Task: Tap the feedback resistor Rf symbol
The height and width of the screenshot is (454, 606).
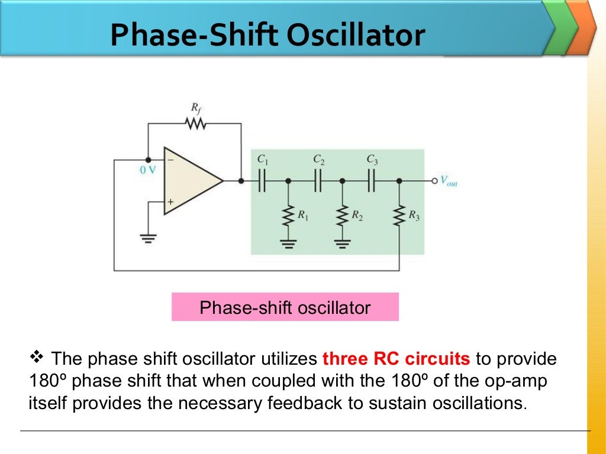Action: click(195, 124)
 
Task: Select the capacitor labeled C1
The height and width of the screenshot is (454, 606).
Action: click(262, 181)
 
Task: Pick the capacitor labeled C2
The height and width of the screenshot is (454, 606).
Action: click(318, 181)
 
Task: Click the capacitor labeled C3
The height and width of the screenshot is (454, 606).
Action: click(371, 181)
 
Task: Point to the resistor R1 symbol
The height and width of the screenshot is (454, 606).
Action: click(288, 216)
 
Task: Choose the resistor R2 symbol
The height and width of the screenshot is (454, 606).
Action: click(342, 216)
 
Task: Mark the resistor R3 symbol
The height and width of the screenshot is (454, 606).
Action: click(399, 216)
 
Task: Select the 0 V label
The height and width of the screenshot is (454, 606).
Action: click(148, 171)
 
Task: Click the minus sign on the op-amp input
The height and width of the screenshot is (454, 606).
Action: click(170, 160)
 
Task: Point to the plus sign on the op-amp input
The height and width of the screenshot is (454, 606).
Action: click(170, 202)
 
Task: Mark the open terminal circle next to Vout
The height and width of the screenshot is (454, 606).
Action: click(434, 181)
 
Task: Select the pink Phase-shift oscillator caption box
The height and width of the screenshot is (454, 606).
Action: click(285, 307)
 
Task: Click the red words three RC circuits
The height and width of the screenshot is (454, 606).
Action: click(396, 359)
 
